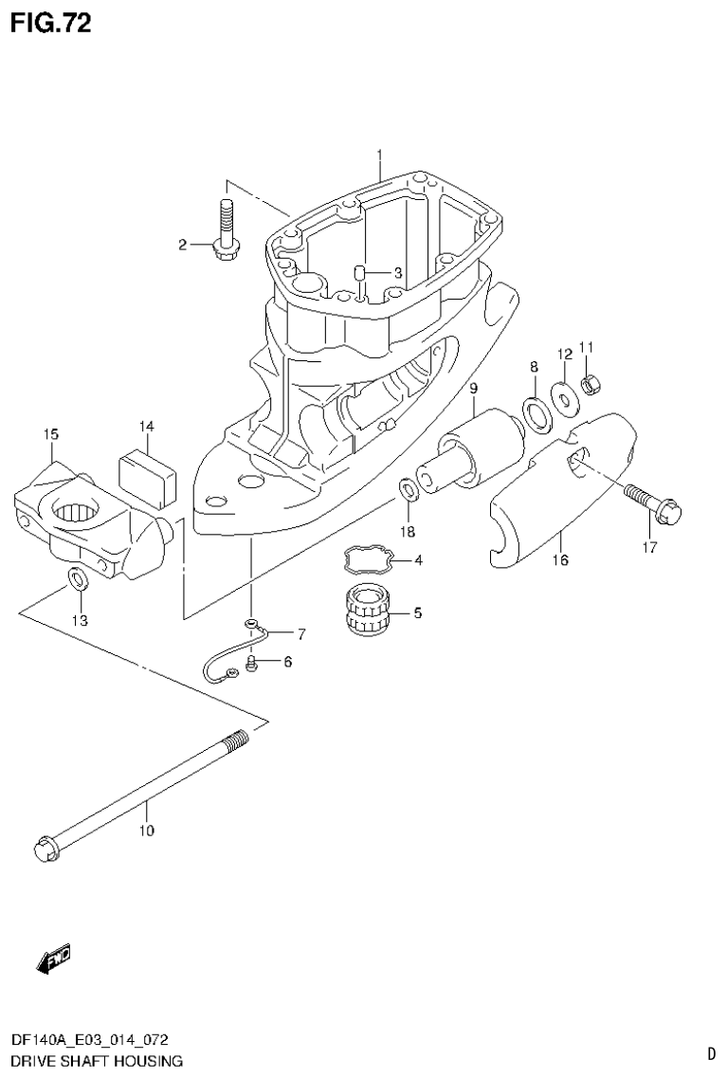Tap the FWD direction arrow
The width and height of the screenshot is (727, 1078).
click(53, 959)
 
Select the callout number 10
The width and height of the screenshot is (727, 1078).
click(146, 831)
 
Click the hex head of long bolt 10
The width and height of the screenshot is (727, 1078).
click(45, 846)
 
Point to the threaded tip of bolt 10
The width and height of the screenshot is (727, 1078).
click(236, 739)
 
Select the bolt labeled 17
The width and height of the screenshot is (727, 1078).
click(648, 503)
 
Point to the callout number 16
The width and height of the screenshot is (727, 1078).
click(560, 560)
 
